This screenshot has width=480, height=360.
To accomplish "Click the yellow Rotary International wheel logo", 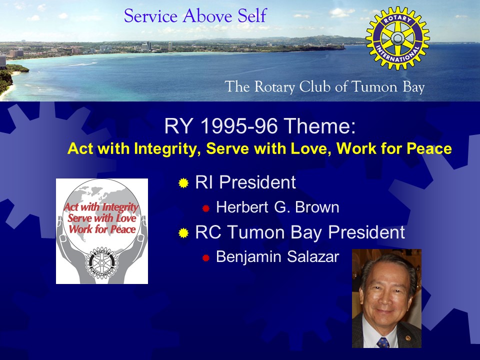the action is [397, 38].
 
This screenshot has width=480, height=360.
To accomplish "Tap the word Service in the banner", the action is [151, 15].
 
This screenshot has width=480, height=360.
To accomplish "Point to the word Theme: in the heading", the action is [319, 126].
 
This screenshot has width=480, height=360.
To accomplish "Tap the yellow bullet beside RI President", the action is [183, 183].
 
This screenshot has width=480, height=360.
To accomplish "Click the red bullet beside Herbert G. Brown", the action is [205, 208].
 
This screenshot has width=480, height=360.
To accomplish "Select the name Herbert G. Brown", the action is [277, 207].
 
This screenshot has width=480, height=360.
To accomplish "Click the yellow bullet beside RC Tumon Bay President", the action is [183, 233].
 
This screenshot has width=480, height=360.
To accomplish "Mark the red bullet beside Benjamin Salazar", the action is [205, 258].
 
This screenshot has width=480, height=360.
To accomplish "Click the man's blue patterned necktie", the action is [382, 342].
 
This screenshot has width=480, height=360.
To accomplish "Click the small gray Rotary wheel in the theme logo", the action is [101, 263].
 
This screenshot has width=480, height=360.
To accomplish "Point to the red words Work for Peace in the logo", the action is [102, 229].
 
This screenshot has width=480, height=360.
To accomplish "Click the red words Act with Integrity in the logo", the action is [101, 207].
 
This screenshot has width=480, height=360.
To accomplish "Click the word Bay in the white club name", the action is [413, 87].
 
